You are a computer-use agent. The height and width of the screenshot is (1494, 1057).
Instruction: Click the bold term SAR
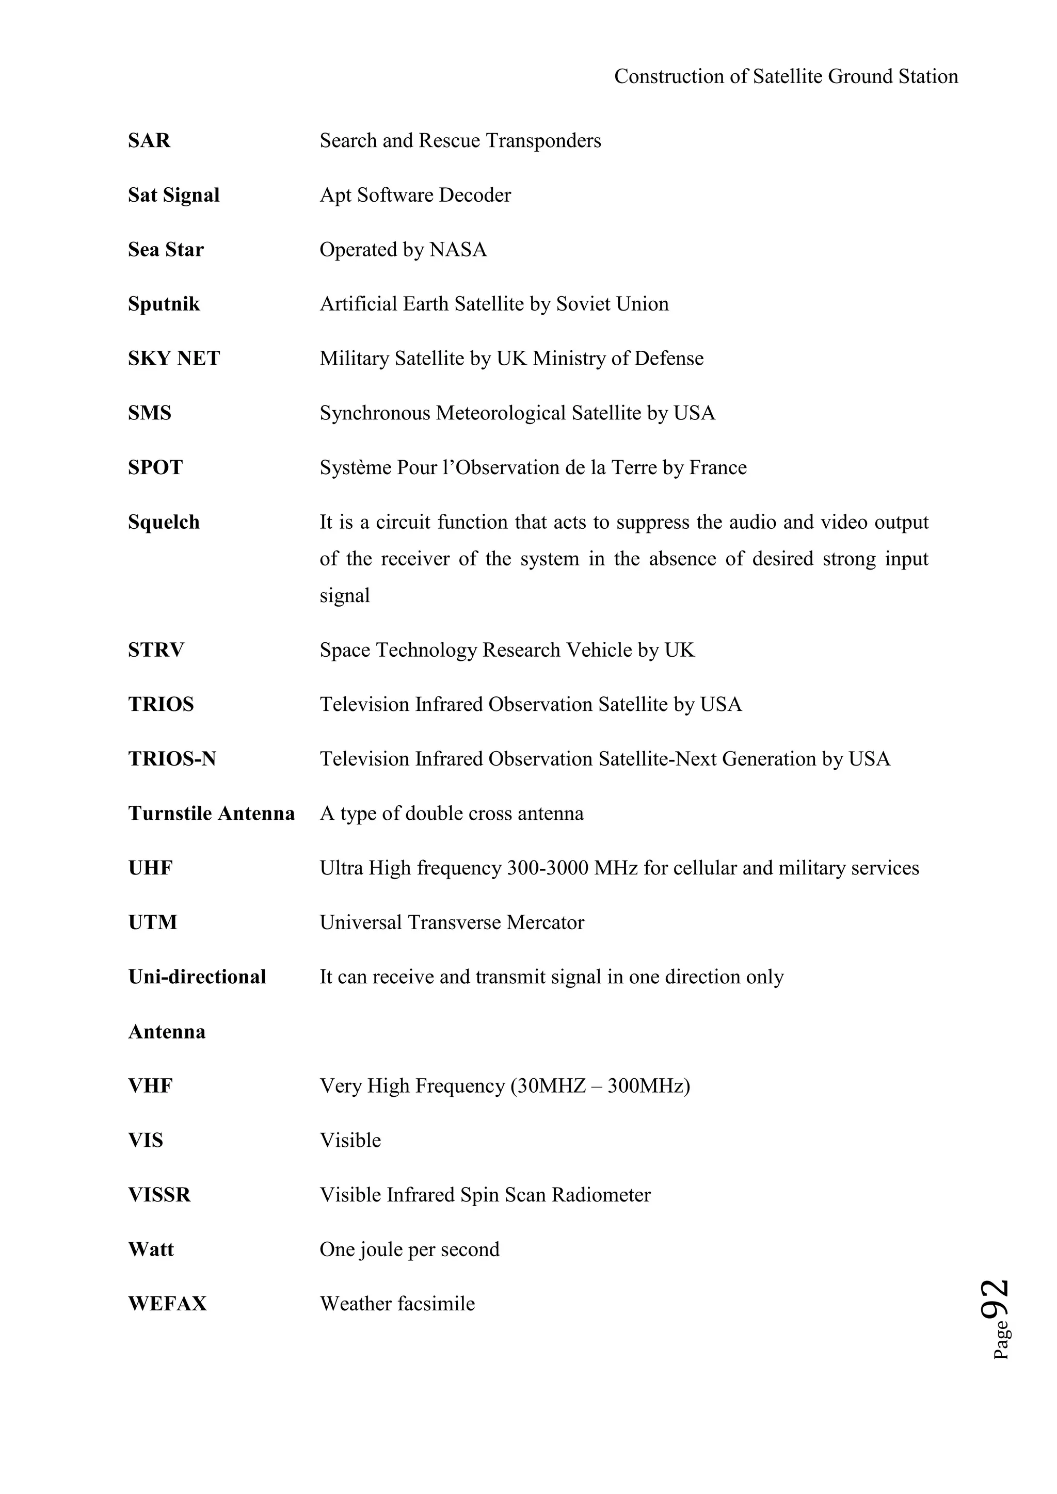(x=149, y=140)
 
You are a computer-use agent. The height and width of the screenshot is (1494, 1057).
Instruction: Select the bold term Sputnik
(x=164, y=304)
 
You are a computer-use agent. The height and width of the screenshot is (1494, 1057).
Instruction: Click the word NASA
(x=458, y=250)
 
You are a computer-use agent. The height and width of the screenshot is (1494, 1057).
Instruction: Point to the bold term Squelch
(x=164, y=523)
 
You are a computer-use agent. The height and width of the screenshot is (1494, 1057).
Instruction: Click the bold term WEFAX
(x=167, y=1304)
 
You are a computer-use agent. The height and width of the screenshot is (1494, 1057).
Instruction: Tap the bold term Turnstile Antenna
(x=212, y=814)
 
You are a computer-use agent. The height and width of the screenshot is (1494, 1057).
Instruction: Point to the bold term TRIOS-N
(x=172, y=759)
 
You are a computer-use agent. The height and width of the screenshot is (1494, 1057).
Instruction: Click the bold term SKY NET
(x=174, y=359)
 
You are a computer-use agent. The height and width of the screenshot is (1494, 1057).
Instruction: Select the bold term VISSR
(x=159, y=1195)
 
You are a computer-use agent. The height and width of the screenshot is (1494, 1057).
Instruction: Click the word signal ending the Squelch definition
(x=344, y=596)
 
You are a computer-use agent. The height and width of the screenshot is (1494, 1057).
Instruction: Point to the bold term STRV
(x=156, y=650)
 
